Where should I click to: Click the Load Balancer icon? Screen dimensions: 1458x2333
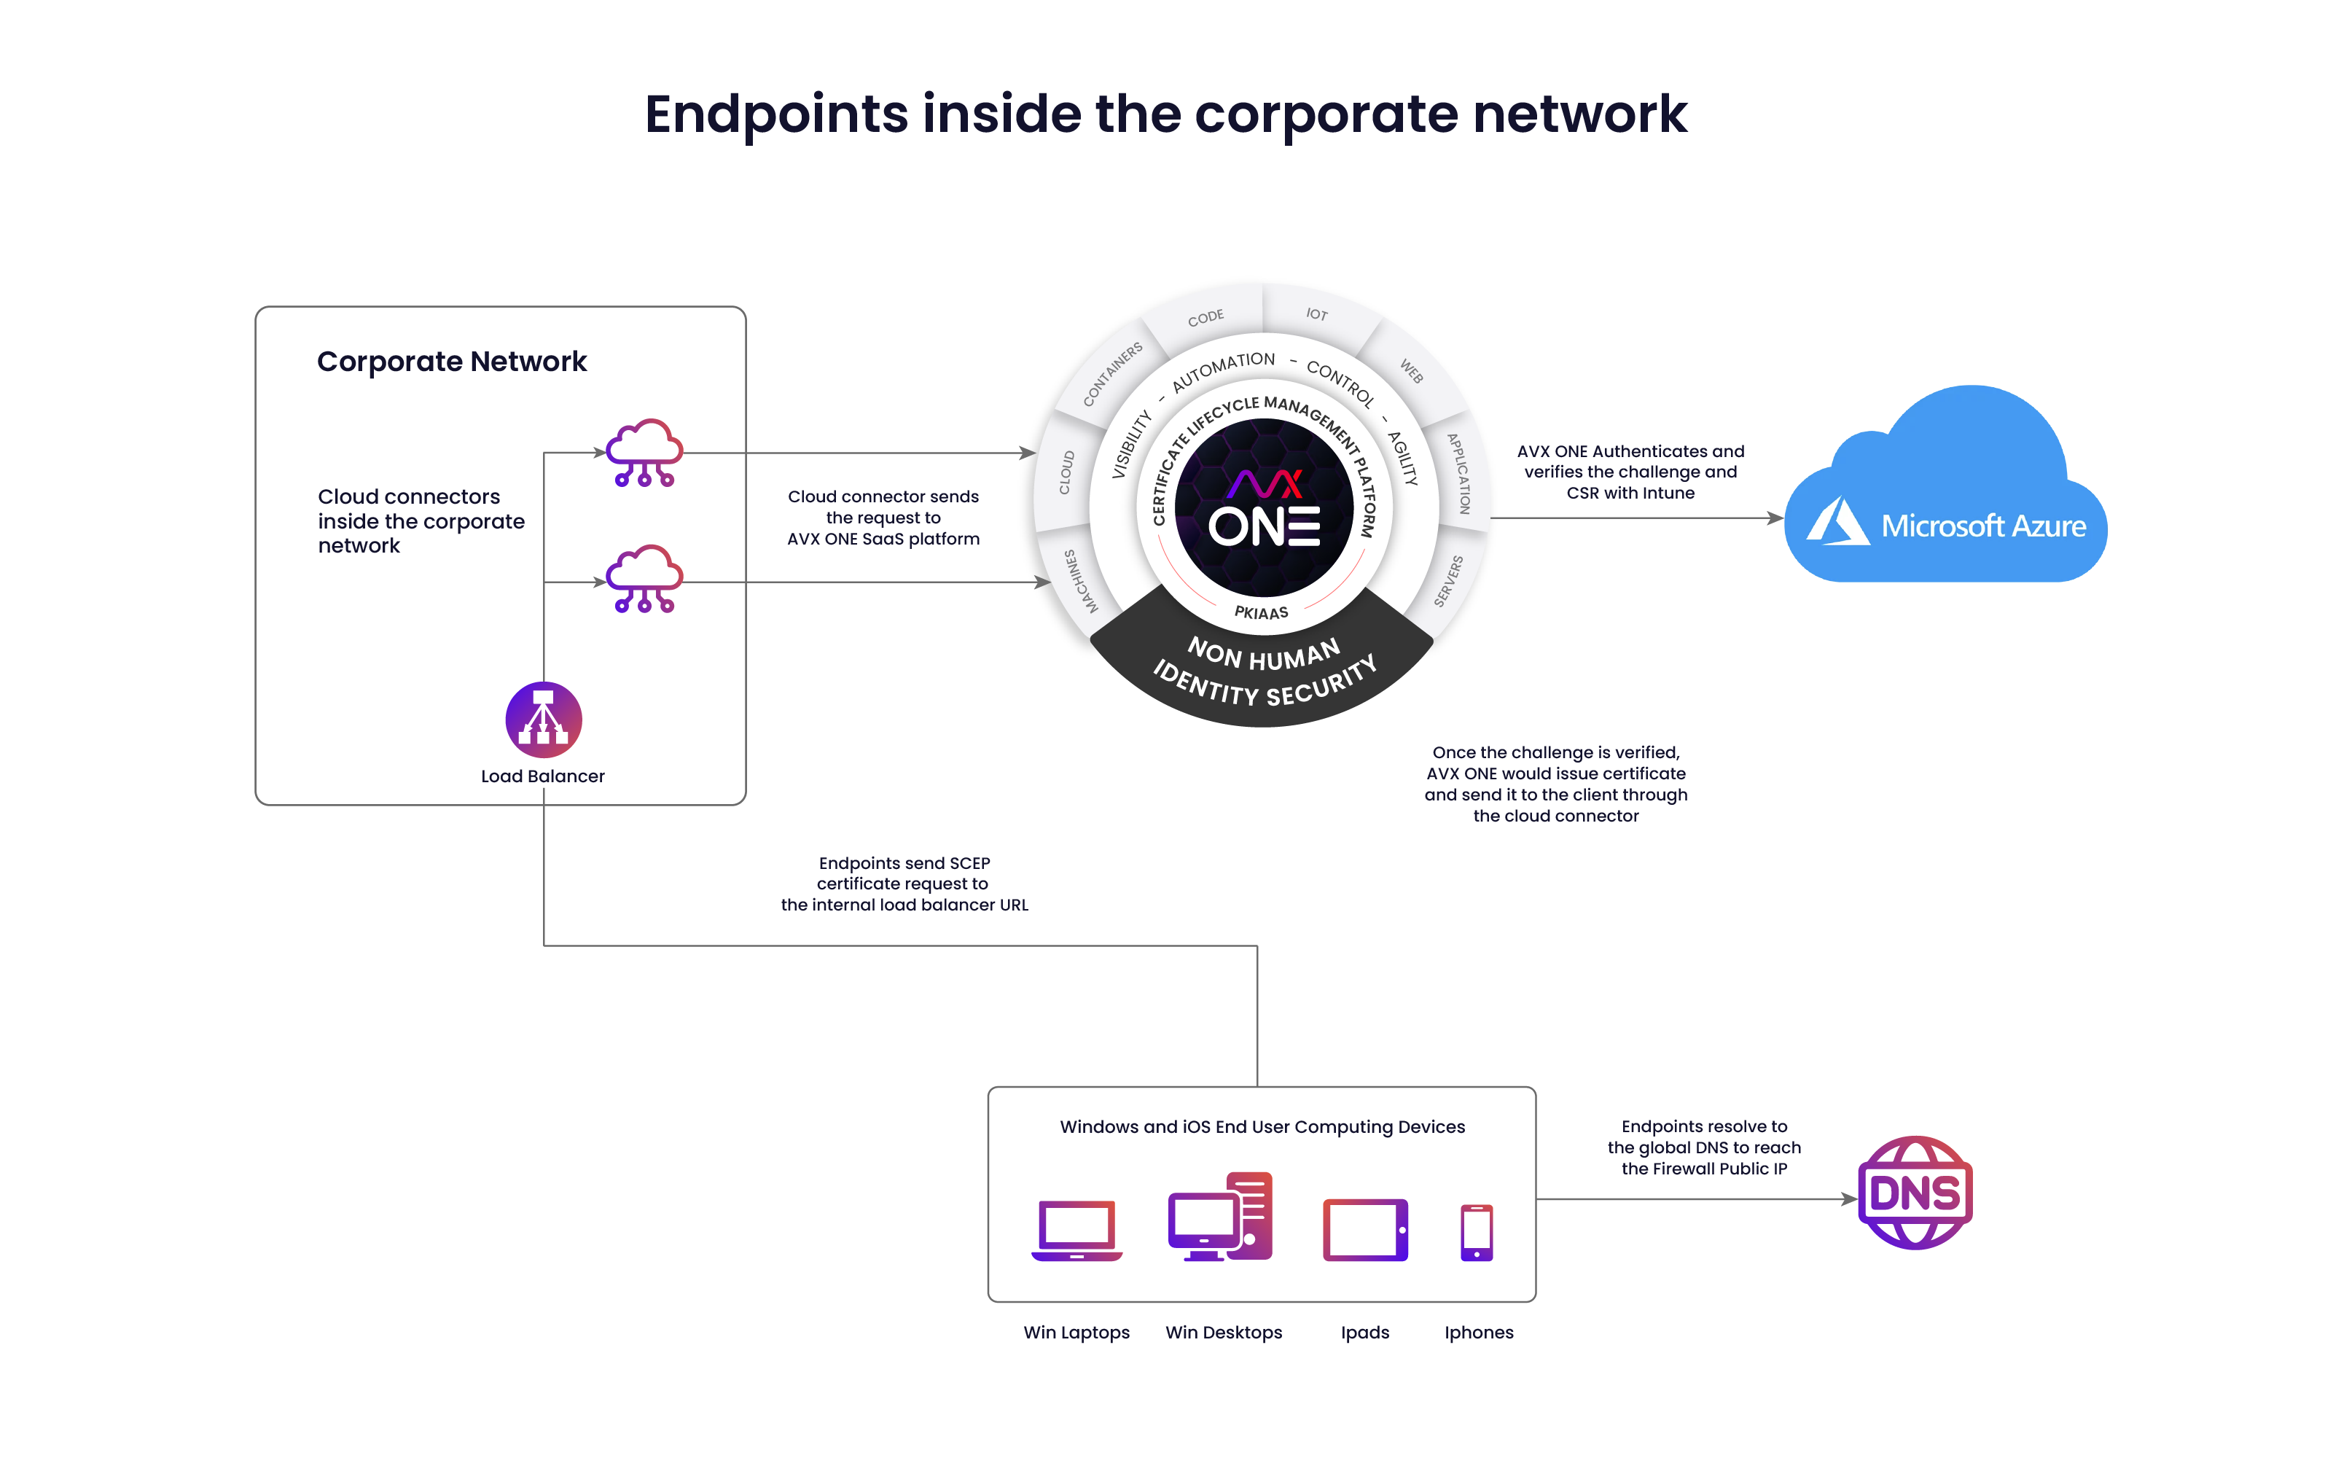(544, 720)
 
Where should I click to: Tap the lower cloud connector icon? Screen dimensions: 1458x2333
(644, 579)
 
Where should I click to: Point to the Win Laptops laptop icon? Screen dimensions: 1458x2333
(1076, 1231)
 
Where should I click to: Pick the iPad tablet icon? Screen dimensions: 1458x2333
(1365, 1231)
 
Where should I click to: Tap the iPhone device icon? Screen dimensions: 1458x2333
(1476, 1232)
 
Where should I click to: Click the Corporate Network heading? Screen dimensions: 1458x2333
(451, 362)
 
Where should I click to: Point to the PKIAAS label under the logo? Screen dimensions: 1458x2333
(1261, 612)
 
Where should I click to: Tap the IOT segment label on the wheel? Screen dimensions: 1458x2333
(1316, 314)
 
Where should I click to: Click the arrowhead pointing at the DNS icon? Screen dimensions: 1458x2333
(1849, 1200)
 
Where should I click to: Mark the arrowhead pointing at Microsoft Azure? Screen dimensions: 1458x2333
(1775, 518)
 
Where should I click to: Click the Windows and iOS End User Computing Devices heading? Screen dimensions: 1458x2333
(1262, 1127)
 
